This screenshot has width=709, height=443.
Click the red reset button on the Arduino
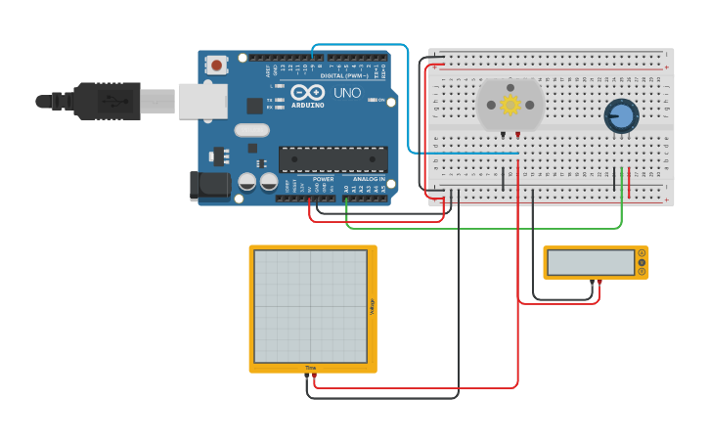point(216,66)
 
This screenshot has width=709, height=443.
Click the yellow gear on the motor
point(510,105)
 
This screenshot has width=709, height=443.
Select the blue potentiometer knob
point(619,116)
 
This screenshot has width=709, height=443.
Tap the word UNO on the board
point(348,94)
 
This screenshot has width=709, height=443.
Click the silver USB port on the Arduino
point(201,101)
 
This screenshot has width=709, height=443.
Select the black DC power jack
point(206,187)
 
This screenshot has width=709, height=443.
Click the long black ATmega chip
point(332,159)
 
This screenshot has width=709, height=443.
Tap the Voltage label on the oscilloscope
point(372,306)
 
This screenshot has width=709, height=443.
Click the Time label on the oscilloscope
point(310,368)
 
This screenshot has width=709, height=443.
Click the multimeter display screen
point(591,262)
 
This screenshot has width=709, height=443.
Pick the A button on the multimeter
point(642,253)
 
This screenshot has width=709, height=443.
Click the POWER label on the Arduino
point(323,179)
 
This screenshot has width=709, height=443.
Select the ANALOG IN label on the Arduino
point(368,179)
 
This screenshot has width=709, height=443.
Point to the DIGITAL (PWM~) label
point(343,75)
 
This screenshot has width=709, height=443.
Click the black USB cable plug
point(108,100)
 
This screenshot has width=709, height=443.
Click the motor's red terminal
point(517,134)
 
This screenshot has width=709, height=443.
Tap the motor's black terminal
point(504,134)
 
